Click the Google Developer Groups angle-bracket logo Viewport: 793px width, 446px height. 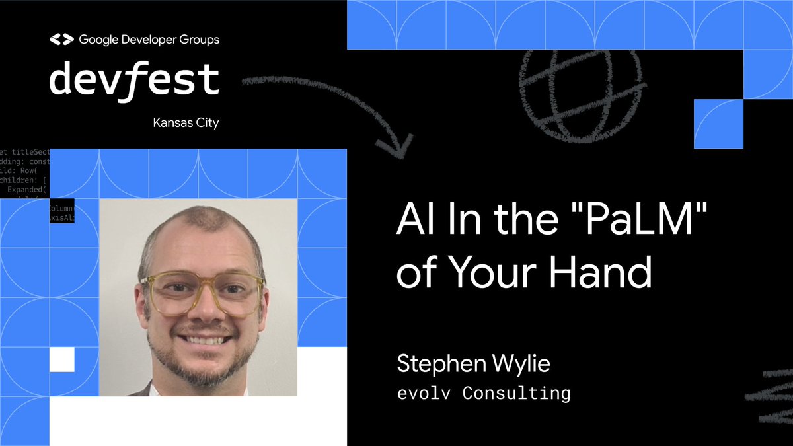coord(61,40)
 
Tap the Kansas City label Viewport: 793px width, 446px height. coord(186,123)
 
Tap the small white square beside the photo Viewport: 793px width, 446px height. coord(62,359)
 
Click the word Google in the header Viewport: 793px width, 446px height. coord(98,40)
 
